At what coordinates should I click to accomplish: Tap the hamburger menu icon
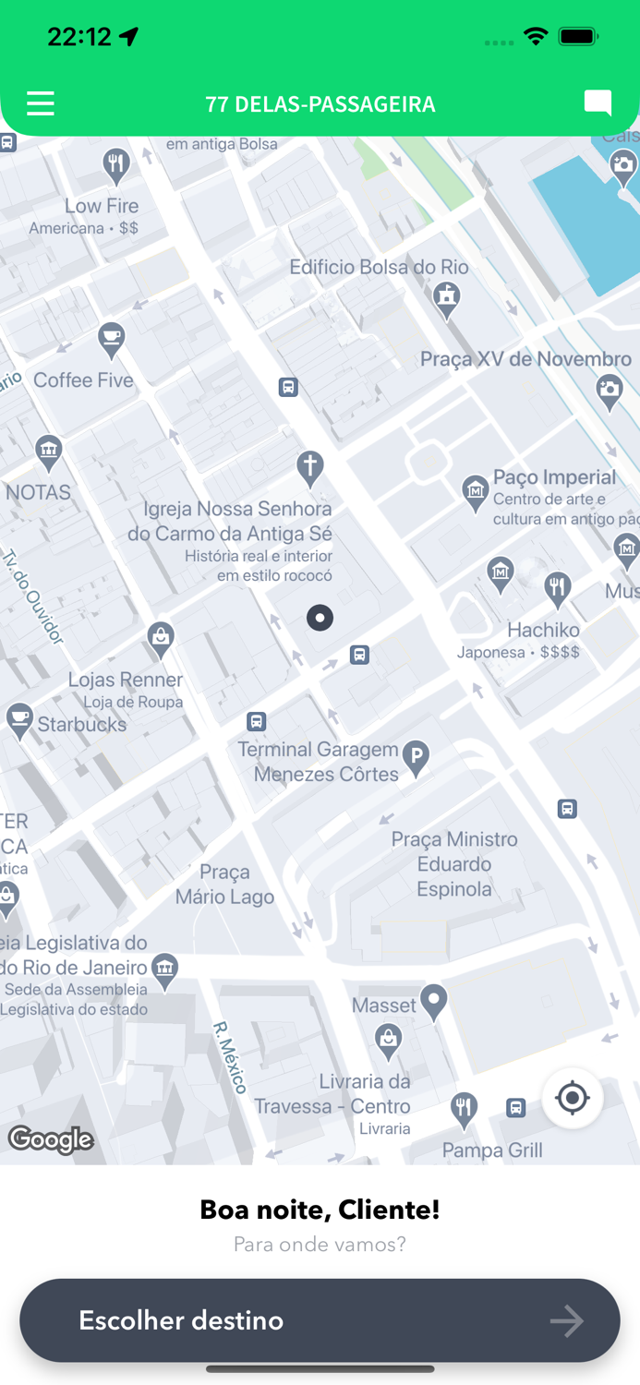(41, 103)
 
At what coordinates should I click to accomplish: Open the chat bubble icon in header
(598, 102)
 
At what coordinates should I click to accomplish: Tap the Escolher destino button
(320, 1320)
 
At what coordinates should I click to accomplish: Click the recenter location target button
(573, 1098)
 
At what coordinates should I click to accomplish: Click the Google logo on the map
(51, 1140)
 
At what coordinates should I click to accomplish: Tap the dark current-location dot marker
(320, 618)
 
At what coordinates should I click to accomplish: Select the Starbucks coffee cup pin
(19, 720)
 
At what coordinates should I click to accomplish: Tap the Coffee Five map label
(83, 380)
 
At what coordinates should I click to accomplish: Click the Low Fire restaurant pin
(115, 165)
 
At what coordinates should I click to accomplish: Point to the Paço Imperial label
(554, 477)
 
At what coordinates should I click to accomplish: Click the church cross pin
(310, 467)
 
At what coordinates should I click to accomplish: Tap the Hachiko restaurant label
(543, 630)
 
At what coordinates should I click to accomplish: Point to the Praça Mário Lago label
(224, 885)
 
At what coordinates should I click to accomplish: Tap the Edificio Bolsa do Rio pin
(447, 298)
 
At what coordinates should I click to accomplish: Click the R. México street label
(231, 1057)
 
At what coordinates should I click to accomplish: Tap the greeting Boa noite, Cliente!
(320, 1210)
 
